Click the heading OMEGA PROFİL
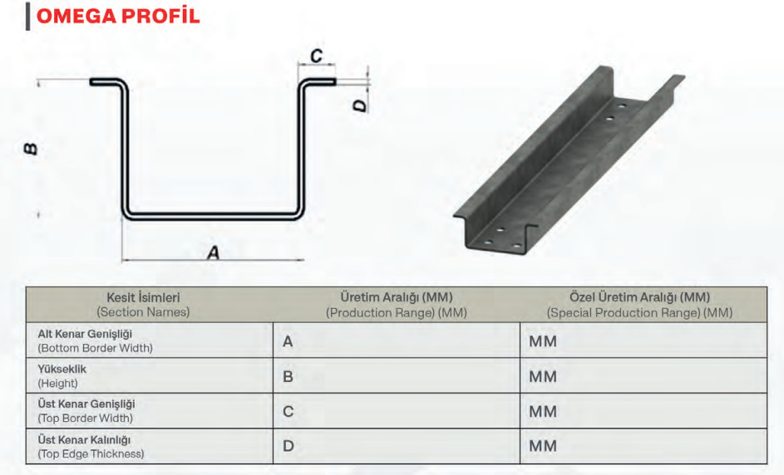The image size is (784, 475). pyautogui.click(x=118, y=16)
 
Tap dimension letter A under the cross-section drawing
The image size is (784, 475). pyautogui.click(x=214, y=252)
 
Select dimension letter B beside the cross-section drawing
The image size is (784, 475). pyautogui.click(x=30, y=149)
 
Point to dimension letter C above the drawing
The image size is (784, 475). pyautogui.click(x=316, y=56)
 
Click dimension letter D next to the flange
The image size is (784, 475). pyautogui.click(x=359, y=105)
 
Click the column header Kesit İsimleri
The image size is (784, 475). pyautogui.click(x=143, y=296)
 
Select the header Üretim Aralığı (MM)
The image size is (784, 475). pyautogui.click(x=396, y=296)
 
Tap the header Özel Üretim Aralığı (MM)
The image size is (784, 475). pyautogui.click(x=639, y=296)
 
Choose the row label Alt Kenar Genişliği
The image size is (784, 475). pyautogui.click(x=86, y=334)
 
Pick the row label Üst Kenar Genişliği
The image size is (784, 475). pyautogui.click(x=86, y=404)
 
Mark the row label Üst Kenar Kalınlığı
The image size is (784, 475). pyautogui.click(x=85, y=439)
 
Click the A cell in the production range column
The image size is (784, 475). pyautogui.click(x=288, y=341)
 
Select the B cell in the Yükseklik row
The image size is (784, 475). pyautogui.click(x=288, y=376)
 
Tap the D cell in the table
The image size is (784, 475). pyautogui.click(x=288, y=446)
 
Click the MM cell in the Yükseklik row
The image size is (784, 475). pyautogui.click(x=543, y=376)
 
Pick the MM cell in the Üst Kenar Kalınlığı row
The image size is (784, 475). pyautogui.click(x=543, y=446)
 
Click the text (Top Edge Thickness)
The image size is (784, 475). pyautogui.click(x=91, y=453)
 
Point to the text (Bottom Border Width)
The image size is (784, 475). pyautogui.click(x=95, y=348)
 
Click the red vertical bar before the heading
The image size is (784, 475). pyautogui.click(x=27, y=16)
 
